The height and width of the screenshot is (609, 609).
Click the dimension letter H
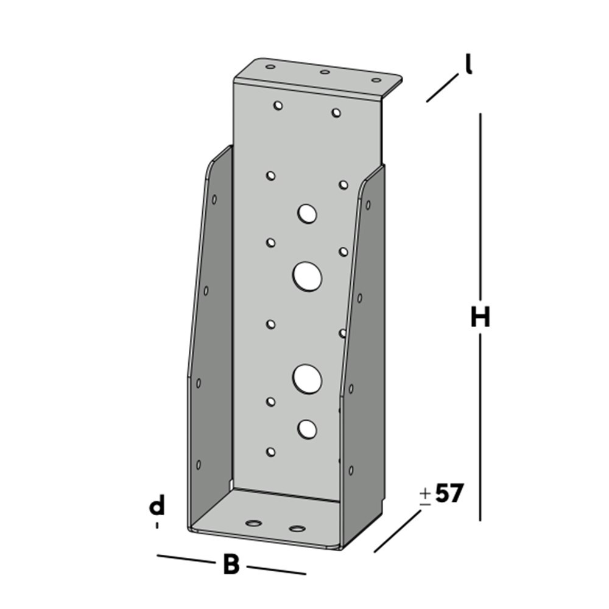coord(480,317)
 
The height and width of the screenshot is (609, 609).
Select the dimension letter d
coord(158,506)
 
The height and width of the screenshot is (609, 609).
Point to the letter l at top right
coord(468,65)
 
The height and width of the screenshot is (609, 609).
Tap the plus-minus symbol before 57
coord(425,496)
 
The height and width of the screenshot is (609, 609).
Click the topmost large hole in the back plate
coord(308,213)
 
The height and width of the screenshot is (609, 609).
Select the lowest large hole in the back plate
coord(307,429)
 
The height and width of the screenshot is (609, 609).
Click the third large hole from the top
coord(307,378)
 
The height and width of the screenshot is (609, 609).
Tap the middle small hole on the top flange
coord(325,72)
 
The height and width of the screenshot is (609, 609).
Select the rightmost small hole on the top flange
coord(376,80)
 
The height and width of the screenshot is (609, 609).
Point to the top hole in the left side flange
coord(214,199)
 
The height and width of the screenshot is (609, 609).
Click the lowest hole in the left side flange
coord(199,465)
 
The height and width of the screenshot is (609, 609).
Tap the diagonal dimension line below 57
coord(397,532)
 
